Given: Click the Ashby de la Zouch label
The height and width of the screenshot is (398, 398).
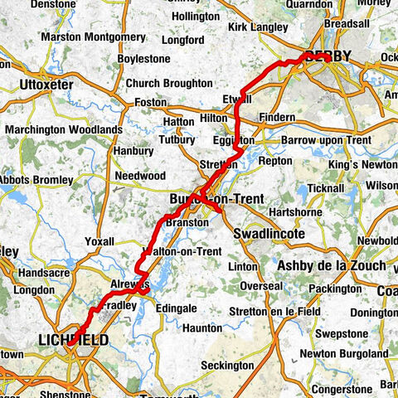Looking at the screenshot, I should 332,265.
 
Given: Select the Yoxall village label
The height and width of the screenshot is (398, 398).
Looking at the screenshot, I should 99,242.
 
